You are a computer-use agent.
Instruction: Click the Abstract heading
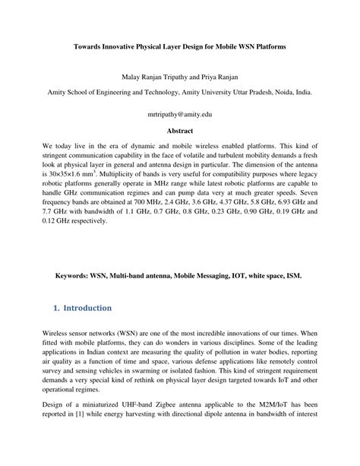(x=180, y=131)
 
